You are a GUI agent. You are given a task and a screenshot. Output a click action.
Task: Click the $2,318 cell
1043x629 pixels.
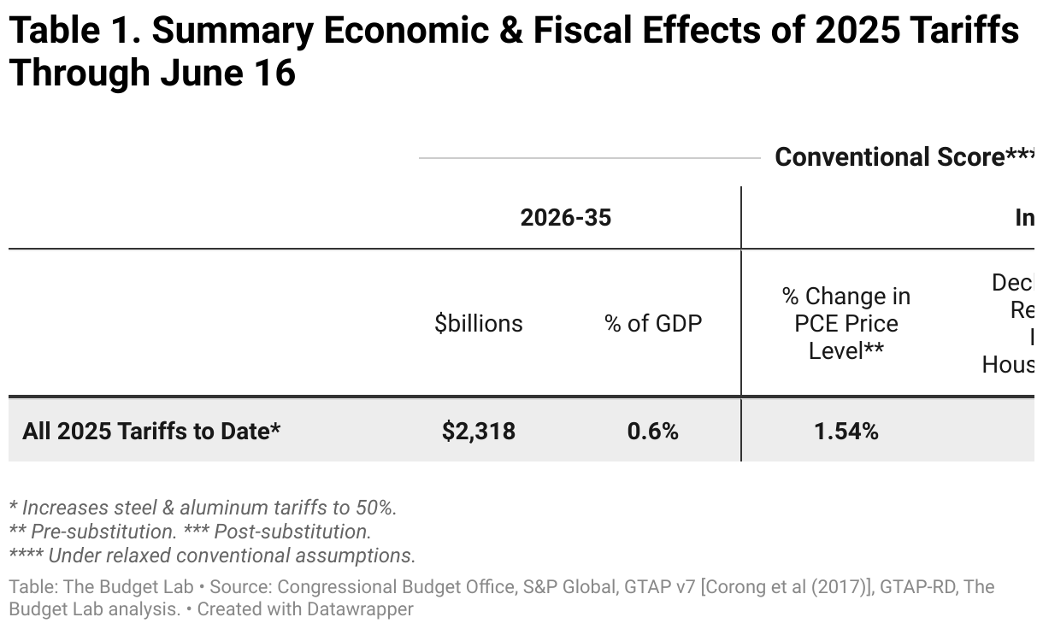(x=479, y=432)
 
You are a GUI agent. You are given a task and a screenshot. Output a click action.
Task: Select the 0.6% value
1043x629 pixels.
(x=653, y=432)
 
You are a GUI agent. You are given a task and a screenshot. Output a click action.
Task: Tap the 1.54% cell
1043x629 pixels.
(x=846, y=432)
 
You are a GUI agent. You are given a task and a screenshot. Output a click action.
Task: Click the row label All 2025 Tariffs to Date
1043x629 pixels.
(x=151, y=432)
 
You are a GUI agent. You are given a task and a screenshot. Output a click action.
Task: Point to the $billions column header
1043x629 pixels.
(x=479, y=324)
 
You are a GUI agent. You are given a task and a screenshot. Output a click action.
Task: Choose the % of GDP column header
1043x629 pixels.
(x=653, y=324)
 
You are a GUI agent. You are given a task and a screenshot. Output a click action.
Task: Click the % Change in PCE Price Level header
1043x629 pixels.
(x=846, y=324)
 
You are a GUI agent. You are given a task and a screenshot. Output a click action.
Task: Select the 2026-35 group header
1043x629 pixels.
(x=566, y=218)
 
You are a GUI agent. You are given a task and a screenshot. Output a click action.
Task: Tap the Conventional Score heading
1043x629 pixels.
(x=889, y=157)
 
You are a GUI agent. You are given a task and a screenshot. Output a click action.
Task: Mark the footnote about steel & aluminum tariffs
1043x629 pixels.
(x=203, y=507)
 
